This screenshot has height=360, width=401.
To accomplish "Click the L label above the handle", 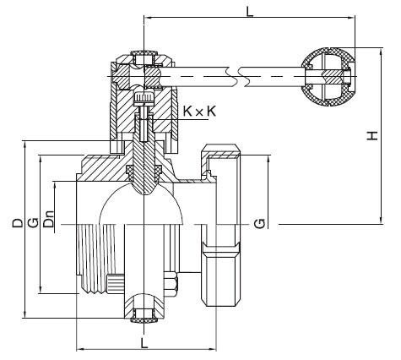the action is (249, 11).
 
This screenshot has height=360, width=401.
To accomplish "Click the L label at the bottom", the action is (144, 342).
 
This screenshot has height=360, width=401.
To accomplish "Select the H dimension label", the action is (372, 135).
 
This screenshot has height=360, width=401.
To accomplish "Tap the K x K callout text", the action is (199, 112).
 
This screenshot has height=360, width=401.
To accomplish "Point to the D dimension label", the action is (18, 222).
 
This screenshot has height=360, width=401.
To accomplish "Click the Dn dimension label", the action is (50, 219).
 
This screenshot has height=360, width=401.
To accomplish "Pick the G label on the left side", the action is (34, 222).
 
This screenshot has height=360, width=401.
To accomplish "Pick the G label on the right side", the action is (259, 223).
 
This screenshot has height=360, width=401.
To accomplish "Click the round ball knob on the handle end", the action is (328, 77).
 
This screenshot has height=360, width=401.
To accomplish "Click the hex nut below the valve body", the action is (171, 284).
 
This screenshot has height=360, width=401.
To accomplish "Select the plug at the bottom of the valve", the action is (144, 320).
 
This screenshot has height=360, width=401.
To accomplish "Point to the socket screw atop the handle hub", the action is (144, 57).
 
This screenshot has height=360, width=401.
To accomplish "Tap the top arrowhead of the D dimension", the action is (25, 145).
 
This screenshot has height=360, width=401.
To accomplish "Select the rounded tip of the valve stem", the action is (144, 188).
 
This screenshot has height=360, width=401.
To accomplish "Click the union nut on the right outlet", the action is (221, 226).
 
